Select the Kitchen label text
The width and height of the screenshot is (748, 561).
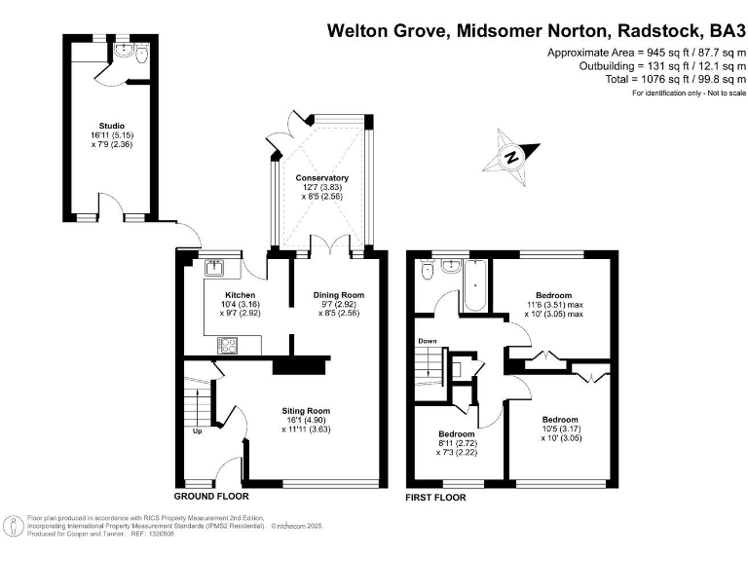(x=241, y=295)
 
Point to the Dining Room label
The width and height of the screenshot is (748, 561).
(x=338, y=295)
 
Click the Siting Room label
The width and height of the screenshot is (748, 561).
(x=307, y=410)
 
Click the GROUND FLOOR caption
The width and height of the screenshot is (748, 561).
(x=206, y=497)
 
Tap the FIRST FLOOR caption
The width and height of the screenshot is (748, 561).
(x=435, y=497)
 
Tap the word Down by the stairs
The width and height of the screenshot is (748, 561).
(x=427, y=341)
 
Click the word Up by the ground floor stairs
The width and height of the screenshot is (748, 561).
(x=199, y=430)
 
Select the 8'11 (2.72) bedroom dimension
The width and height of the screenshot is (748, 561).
(x=456, y=444)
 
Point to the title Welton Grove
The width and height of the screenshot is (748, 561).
(x=387, y=30)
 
